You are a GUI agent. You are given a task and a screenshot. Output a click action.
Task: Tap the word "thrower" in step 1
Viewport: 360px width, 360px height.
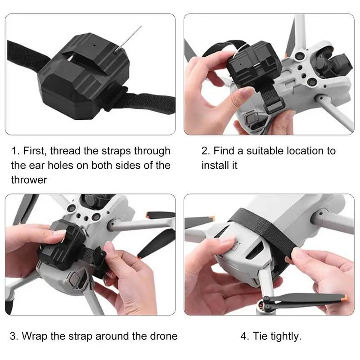29,180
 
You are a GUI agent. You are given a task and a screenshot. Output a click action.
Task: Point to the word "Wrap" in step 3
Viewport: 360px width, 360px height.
35,336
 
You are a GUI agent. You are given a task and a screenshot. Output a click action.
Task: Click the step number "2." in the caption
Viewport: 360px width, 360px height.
206,151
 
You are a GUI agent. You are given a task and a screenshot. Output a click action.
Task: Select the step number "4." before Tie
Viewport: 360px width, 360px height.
245,336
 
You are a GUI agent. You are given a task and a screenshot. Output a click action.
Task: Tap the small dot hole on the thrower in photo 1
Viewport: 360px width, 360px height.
94,45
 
